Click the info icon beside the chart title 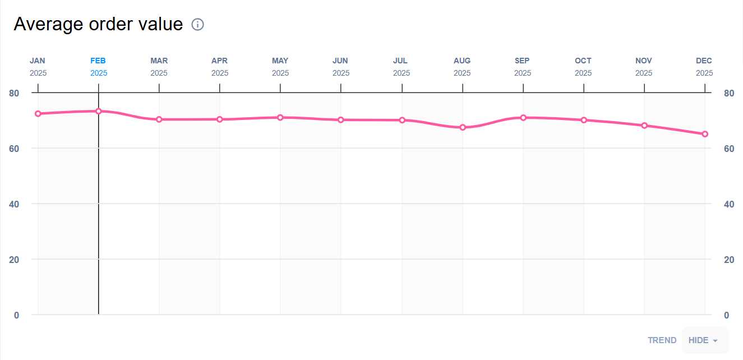tap(197, 25)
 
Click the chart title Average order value tap(98, 24)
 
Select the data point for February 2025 tap(99, 111)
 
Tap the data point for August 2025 tap(463, 127)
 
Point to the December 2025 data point tap(705, 134)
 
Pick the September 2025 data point tap(523, 118)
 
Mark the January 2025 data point tap(38, 114)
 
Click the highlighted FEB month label tap(98, 61)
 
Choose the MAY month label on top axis tap(280, 61)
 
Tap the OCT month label tap(583, 61)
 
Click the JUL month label tap(400, 61)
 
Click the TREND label tap(662, 340)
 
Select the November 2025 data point tap(644, 126)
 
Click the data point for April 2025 tap(220, 119)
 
